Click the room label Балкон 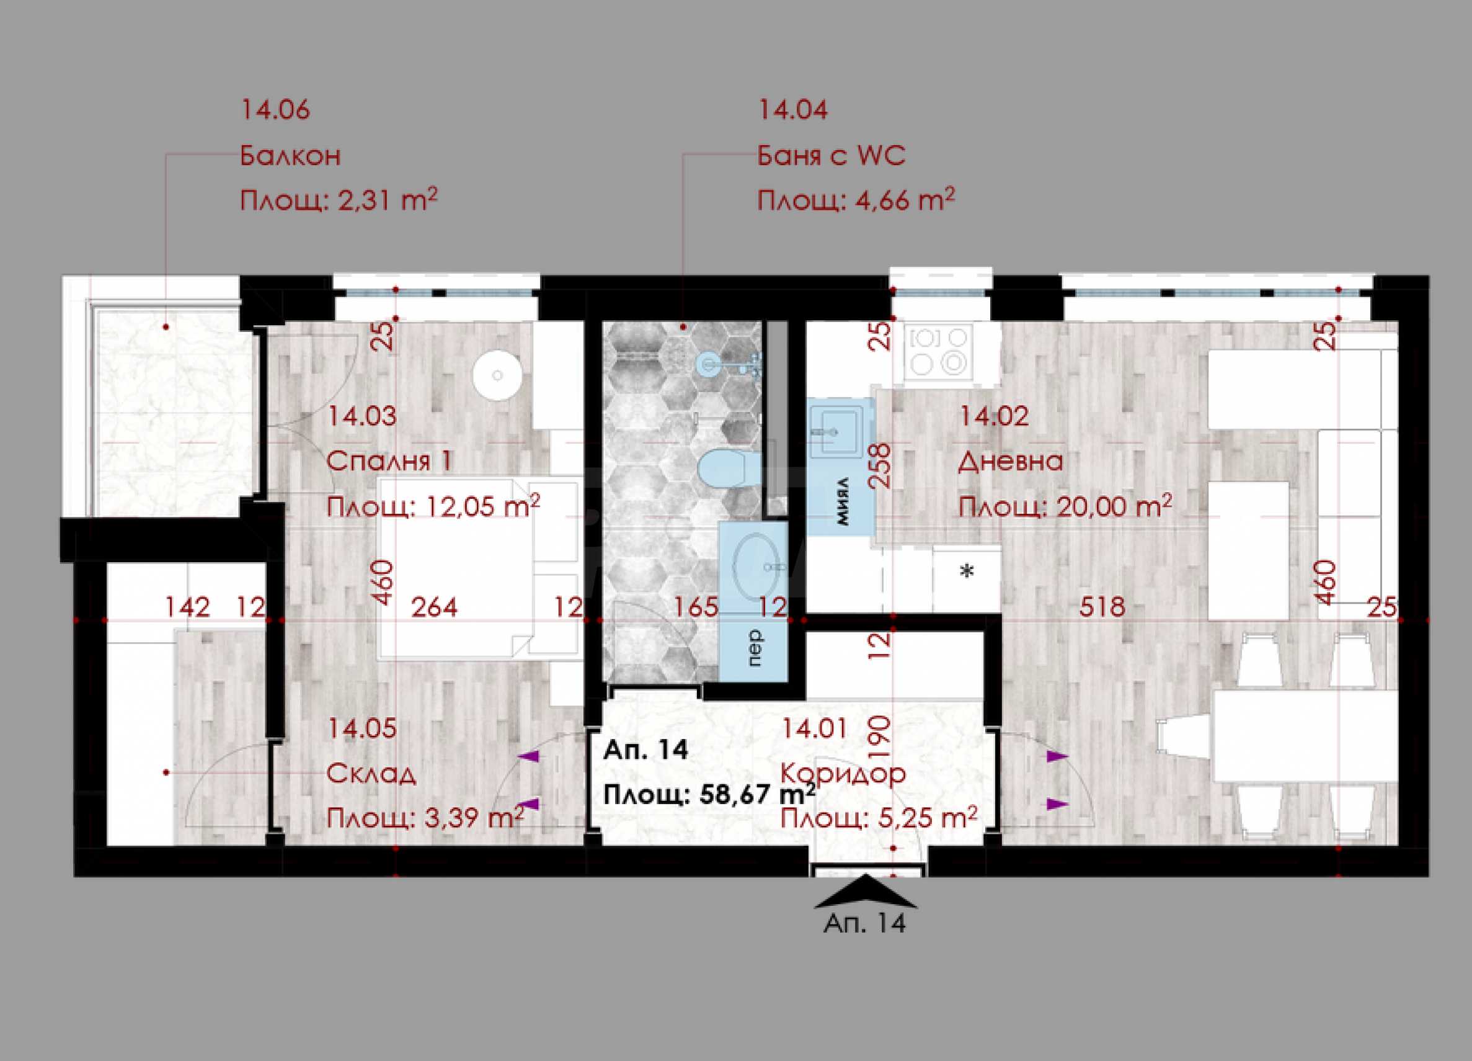click(x=290, y=156)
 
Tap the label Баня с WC click(x=831, y=156)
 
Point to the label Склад click(x=371, y=773)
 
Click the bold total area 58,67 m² click(x=758, y=794)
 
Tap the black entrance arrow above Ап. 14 click(x=865, y=892)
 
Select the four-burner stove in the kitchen click(x=939, y=351)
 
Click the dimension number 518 click(x=1102, y=607)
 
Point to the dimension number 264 click(x=434, y=607)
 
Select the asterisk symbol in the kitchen click(x=967, y=572)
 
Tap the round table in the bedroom click(x=497, y=375)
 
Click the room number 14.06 click(x=275, y=110)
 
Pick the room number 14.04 click(x=793, y=110)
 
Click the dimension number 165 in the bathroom click(x=696, y=607)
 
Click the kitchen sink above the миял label click(x=835, y=429)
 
